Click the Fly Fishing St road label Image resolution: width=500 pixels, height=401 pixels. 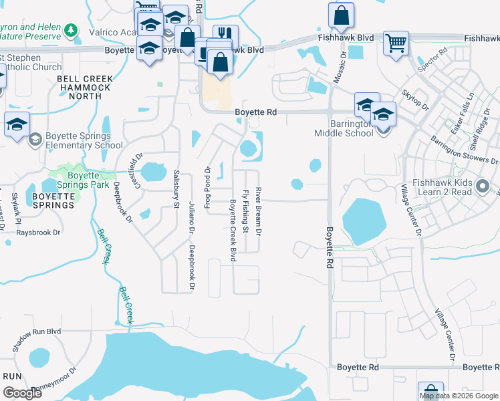(246, 211)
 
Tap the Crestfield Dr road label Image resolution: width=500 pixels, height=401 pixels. (139, 170)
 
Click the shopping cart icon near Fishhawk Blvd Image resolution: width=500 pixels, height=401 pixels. (396, 43)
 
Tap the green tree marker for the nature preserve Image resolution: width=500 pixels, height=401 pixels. (71, 30)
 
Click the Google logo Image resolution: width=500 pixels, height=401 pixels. (22, 394)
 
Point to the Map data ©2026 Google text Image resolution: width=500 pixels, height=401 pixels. (459, 396)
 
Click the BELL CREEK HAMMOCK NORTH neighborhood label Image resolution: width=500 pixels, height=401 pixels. (84, 88)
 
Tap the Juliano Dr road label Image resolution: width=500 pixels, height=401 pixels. (191, 217)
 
